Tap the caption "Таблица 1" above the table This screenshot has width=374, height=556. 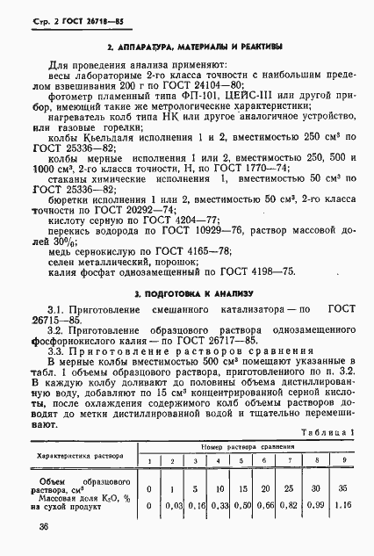click(327, 432)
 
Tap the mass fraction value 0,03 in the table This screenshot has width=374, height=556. click(173, 505)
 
